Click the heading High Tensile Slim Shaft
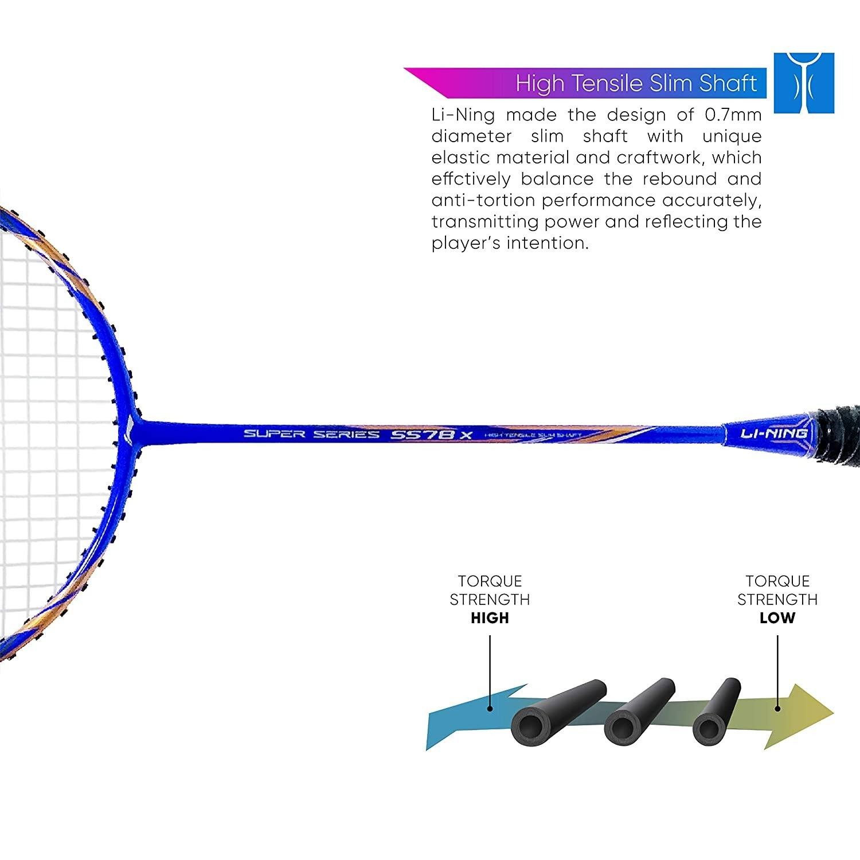[636, 84]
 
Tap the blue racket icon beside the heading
[804, 83]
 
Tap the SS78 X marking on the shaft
[431, 434]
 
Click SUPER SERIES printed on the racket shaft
[311, 433]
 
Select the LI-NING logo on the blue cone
[767, 434]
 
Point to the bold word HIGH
[490, 618]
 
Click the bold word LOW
[777, 618]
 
